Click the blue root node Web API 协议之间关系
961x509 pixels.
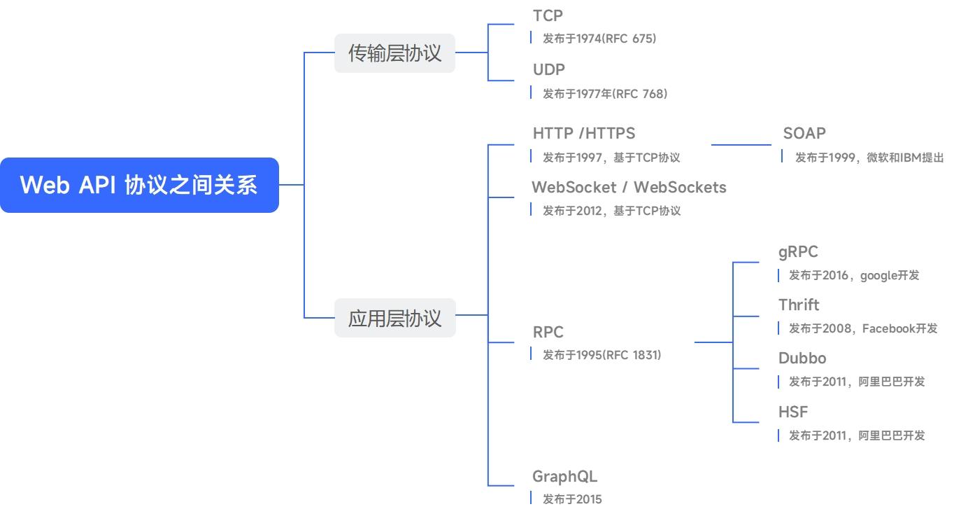139,185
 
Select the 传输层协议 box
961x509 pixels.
394,53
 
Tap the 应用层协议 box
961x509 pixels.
394,318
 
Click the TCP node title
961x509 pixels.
548,15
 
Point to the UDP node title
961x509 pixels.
548,69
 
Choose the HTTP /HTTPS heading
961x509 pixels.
583,133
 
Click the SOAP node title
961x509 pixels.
804,133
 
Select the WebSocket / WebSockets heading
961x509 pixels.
629,187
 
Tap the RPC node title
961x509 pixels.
548,332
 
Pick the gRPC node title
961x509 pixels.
798,251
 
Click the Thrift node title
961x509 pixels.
799,305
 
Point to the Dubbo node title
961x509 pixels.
802,358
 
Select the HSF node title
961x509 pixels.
793,412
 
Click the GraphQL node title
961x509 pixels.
564,477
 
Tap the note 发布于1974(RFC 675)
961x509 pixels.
599,39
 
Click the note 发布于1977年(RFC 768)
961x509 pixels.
605,93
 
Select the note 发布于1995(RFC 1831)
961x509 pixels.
601,355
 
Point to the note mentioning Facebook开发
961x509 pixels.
863,328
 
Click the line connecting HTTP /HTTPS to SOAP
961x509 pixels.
741,145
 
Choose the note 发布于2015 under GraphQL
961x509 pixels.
572,499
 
